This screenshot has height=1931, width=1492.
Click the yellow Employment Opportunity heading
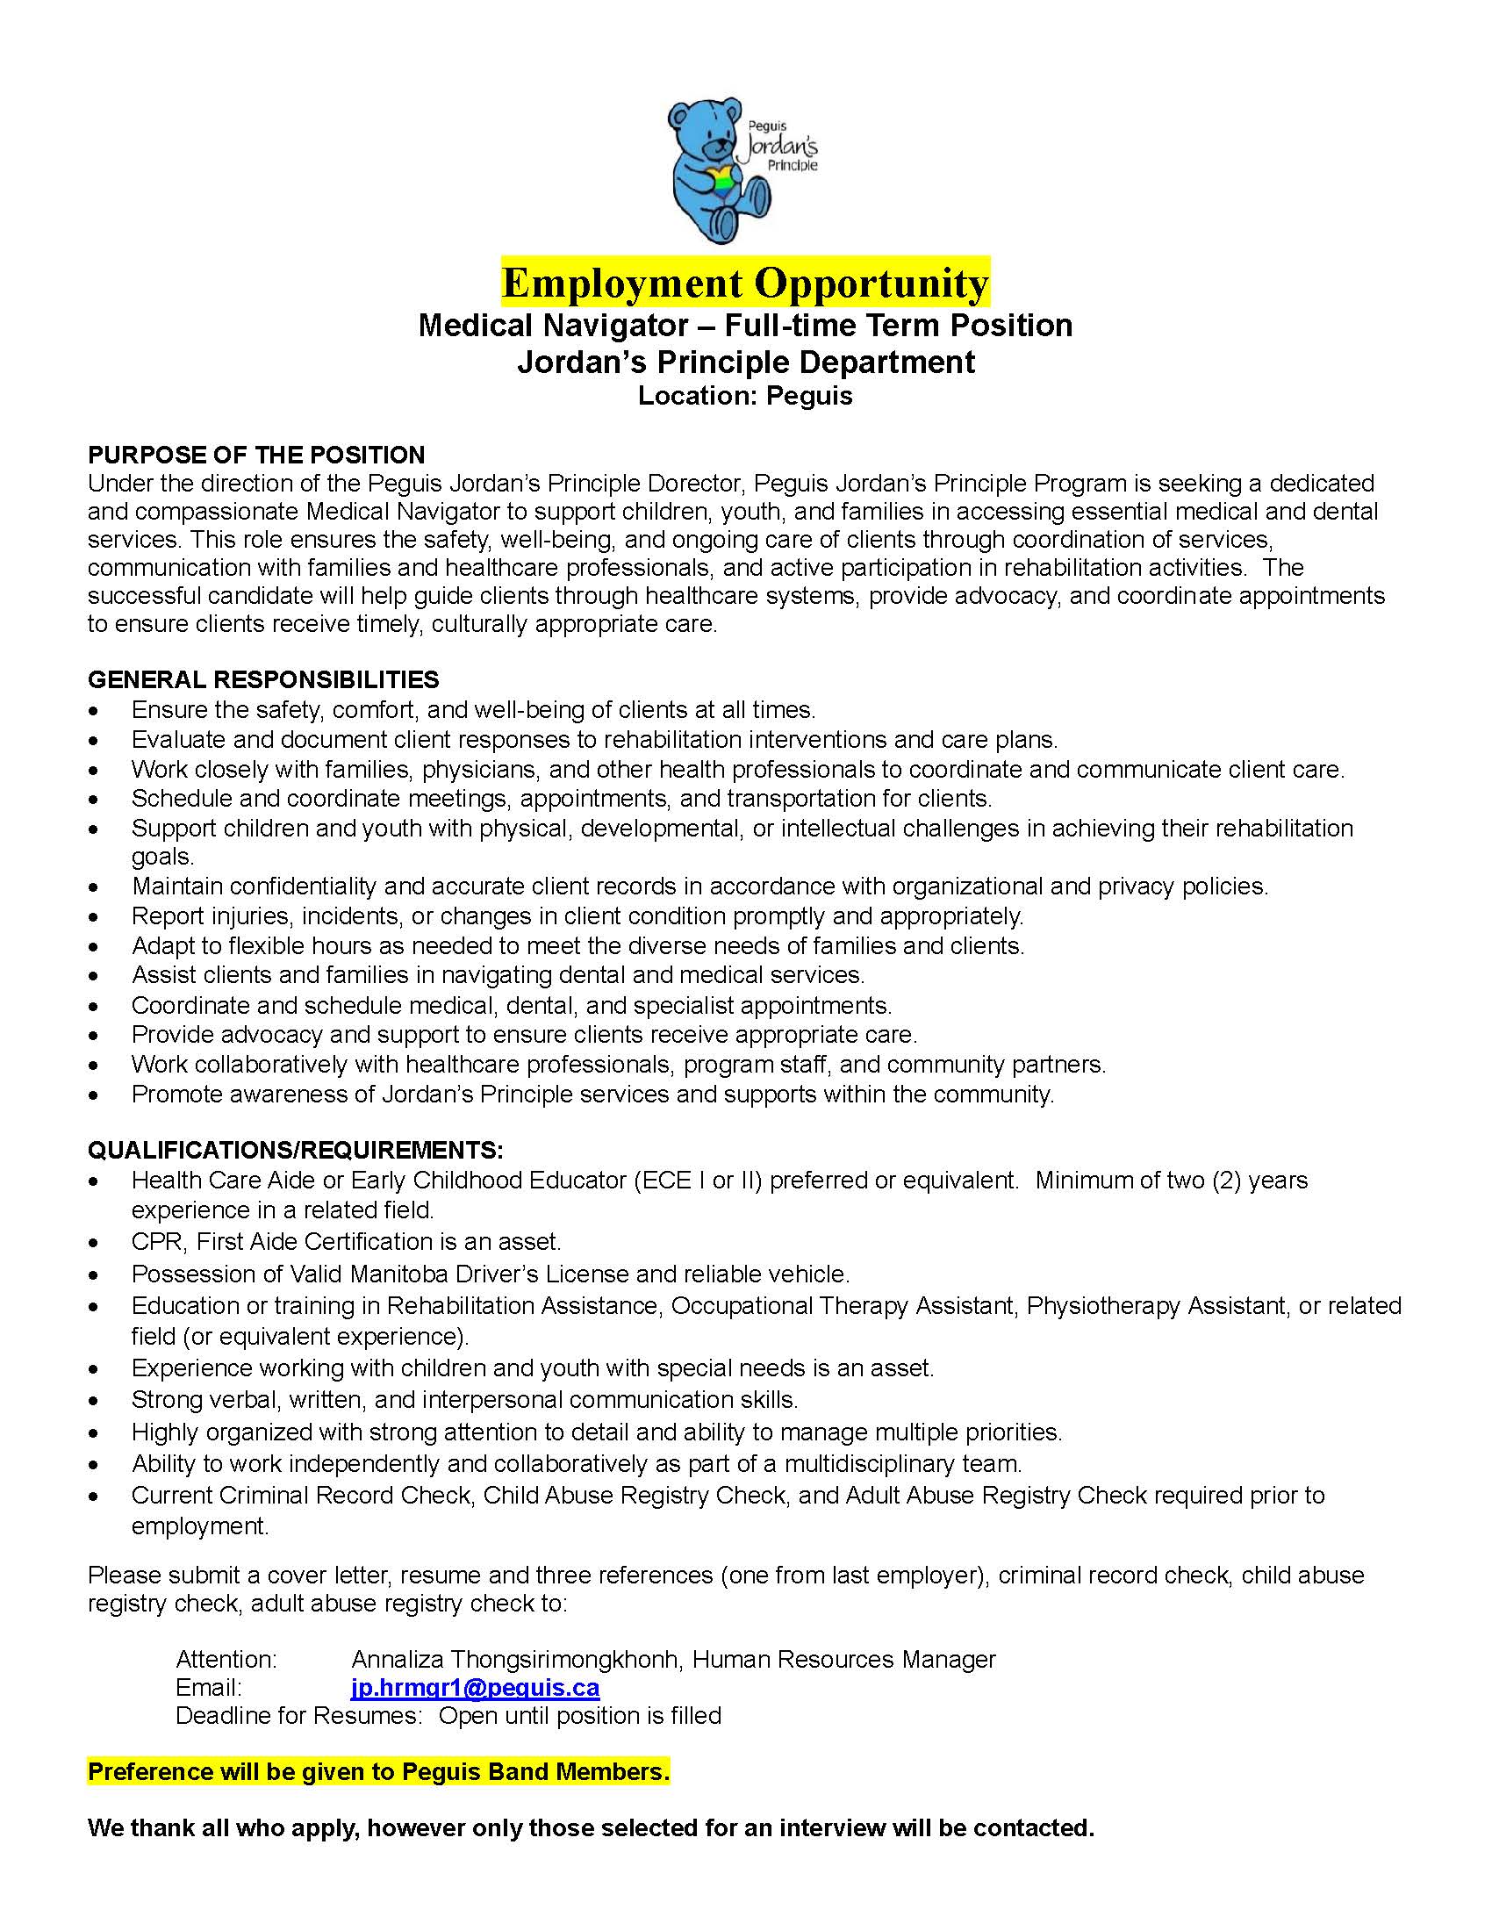[x=745, y=283]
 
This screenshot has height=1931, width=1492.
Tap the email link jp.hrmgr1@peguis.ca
[x=475, y=1688]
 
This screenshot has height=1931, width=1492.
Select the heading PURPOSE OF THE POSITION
[x=255, y=456]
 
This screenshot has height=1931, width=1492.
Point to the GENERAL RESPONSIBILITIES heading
[x=262, y=680]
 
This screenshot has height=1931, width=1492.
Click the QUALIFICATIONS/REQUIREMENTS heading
[x=295, y=1151]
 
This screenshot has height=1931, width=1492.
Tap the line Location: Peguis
[x=745, y=396]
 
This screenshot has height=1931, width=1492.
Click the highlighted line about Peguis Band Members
[x=378, y=1772]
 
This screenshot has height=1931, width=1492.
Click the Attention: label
[x=226, y=1660]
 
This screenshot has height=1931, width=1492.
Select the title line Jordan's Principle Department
[x=745, y=363]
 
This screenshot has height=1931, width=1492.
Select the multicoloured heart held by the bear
[x=721, y=176]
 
